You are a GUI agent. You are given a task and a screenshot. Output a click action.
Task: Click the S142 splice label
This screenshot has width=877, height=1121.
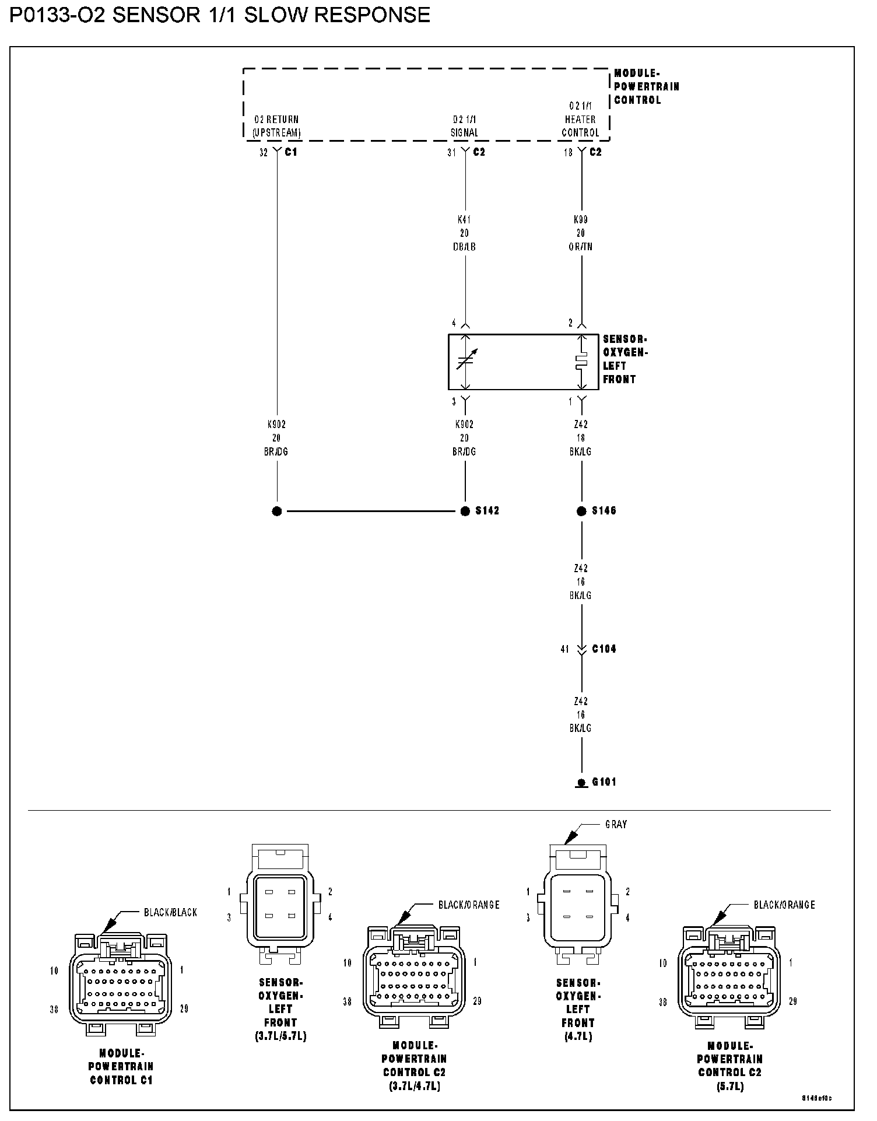487,511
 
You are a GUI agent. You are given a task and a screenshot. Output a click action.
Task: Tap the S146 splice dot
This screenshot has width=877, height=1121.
581,511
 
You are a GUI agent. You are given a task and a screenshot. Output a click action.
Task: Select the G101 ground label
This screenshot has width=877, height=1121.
604,782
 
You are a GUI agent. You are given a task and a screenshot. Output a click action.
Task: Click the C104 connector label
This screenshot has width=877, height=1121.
604,649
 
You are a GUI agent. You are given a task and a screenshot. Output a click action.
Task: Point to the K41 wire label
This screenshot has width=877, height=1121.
464,220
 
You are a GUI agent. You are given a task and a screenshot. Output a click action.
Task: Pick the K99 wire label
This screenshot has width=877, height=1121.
581,220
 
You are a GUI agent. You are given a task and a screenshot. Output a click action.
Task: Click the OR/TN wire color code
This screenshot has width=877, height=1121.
581,247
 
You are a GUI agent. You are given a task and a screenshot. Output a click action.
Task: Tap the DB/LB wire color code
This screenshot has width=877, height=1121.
464,247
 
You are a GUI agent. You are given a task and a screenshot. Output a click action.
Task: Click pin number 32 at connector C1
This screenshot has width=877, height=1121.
264,152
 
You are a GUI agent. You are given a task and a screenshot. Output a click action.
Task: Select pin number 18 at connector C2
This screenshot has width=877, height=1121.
568,152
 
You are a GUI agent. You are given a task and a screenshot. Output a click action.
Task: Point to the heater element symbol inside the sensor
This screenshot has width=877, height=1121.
581,362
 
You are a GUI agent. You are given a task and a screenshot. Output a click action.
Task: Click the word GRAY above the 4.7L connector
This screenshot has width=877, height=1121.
616,824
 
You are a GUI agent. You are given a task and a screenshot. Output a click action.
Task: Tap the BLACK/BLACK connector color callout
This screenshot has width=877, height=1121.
170,912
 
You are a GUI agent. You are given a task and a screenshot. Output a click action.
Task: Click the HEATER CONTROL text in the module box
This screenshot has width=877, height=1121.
580,126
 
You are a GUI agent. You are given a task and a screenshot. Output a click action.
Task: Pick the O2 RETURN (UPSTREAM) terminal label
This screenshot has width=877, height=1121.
276,126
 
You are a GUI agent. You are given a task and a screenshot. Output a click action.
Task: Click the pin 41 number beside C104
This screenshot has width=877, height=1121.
564,649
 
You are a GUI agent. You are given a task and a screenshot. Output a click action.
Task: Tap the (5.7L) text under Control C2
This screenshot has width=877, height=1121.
729,1087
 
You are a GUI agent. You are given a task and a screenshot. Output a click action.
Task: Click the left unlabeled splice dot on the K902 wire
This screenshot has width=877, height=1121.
277,511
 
